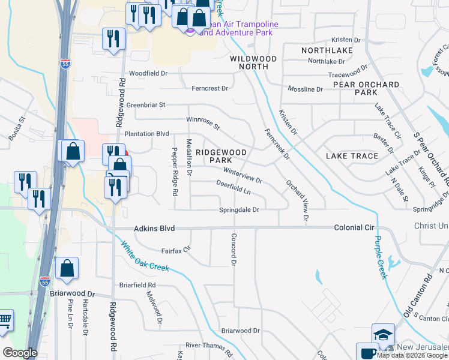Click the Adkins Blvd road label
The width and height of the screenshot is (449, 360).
coord(153,229)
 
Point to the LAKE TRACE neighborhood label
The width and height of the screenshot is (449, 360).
coord(352,156)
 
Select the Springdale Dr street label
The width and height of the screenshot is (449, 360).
coord(238,210)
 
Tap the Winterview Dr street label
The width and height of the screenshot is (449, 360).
coord(243,176)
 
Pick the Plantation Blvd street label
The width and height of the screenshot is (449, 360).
coord(146,134)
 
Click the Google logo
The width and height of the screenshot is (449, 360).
coord(20,353)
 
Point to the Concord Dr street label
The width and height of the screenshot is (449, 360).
coord(234,250)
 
